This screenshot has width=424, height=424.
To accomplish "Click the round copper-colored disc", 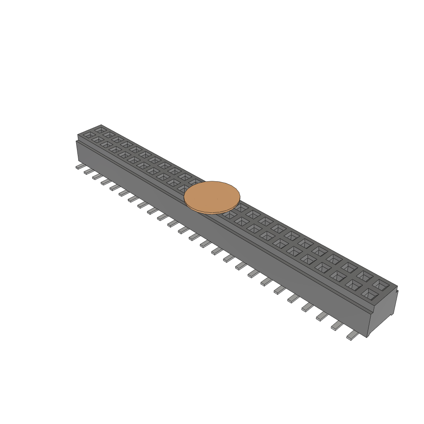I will coord(212,197).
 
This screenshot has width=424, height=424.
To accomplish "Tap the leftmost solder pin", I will coord(80,166).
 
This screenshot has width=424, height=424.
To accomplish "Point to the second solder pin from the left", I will coord(89,171).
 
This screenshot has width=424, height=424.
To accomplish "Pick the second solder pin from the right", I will coord(337,326).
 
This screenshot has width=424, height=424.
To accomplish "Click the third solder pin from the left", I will coord(98,176).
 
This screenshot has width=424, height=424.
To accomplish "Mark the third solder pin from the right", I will coord(322,316).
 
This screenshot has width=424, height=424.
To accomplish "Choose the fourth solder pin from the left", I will coord(106,181).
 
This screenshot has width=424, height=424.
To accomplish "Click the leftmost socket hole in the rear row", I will coord(100,130).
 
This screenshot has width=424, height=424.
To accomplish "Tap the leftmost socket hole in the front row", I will coord(88,135).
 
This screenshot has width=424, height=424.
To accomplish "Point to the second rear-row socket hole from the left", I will coord(109,135).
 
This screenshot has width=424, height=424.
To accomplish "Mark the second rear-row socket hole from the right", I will coord(364,275).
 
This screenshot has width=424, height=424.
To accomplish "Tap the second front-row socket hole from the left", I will coord(97,140).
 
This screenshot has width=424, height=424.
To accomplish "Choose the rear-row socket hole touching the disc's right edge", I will coord(241,207).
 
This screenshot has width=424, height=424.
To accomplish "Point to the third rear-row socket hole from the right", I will coord(349,267).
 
